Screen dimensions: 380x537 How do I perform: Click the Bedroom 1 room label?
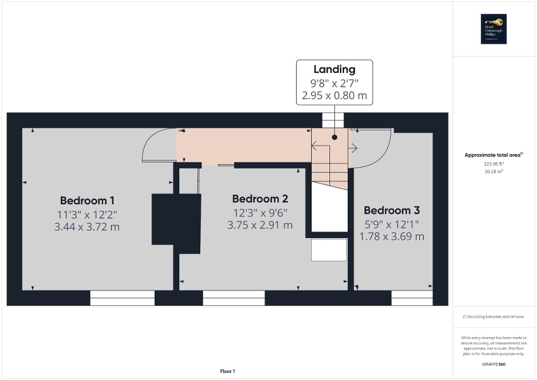(87, 200)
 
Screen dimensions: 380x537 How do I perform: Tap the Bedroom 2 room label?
(260, 199)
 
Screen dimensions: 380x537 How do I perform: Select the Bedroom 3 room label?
(392, 210)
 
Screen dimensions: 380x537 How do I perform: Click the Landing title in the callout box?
(334, 70)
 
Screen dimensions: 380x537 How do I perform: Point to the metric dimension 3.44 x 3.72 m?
(87, 226)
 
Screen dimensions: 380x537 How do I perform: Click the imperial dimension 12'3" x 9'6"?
(260, 213)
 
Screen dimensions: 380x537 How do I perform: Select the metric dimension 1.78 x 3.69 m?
(392, 236)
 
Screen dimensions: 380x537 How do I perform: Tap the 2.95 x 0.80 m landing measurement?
(334, 95)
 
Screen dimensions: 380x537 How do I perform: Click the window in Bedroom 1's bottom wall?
(122, 299)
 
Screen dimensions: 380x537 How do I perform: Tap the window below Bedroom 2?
(233, 299)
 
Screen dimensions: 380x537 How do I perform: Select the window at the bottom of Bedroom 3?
(411, 299)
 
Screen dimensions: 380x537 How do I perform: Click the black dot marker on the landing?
(334, 137)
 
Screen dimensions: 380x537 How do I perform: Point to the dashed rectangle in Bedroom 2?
(328, 250)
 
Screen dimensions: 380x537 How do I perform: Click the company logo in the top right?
(494, 29)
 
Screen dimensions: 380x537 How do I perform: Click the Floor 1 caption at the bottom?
(226, 371)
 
